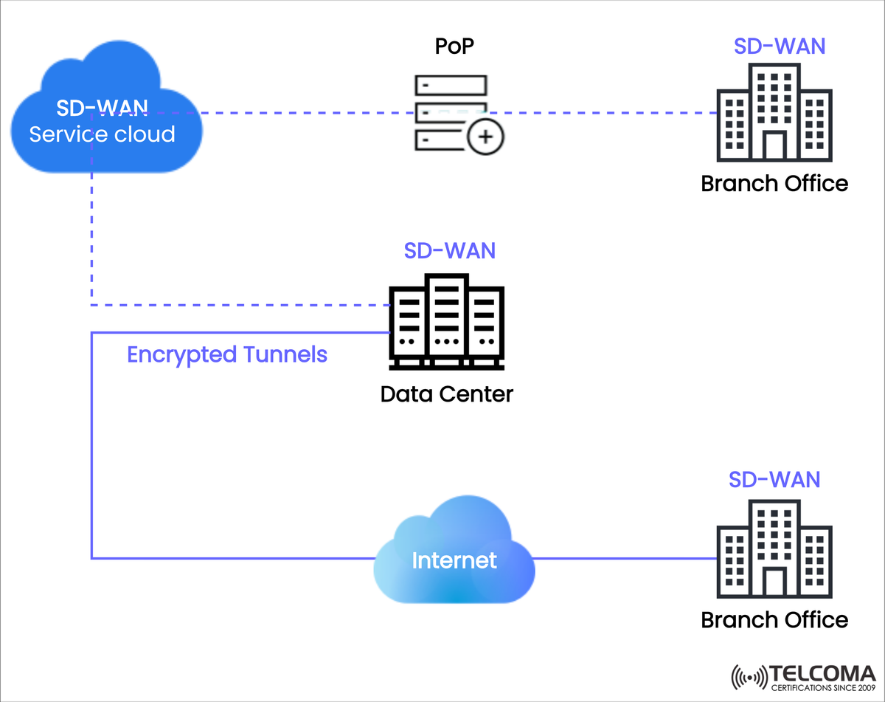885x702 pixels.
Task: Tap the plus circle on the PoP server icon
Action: coord(485,137)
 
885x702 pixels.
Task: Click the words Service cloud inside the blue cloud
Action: coord(102,134)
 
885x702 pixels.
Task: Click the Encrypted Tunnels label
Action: coord(227,354)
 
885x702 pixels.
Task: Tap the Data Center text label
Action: coord(446,393)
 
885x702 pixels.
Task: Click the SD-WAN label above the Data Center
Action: coord(449,250)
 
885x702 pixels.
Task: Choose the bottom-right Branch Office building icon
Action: coord(774,549)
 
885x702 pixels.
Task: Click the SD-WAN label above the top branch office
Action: coord(779,46)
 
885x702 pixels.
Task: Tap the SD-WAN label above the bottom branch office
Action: coord(774,479)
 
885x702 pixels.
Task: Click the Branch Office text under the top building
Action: coord(774,182)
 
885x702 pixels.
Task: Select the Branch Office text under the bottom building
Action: coord(774,619)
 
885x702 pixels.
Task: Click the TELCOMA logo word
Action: coord(822,673)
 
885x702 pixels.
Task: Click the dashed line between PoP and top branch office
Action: coord(605,113)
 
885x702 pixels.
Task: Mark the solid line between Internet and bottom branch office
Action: coord(623,559)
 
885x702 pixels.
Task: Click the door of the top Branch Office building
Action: coord(774,146)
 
